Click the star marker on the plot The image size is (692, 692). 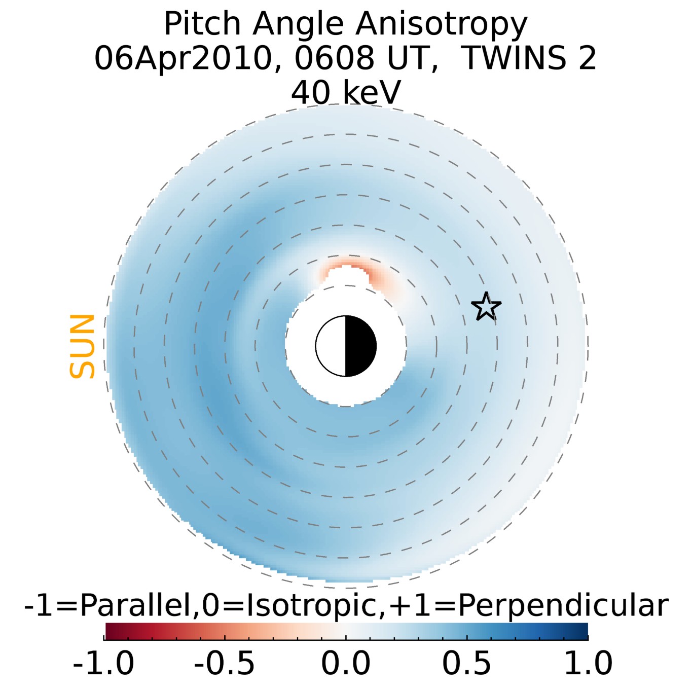(x=486, y=307)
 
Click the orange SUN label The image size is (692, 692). (x=82, y=346)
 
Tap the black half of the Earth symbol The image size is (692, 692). (x=360, y=346)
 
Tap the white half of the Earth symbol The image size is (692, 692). (x=331, y=346)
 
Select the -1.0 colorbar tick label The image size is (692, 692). (x=104, y=663)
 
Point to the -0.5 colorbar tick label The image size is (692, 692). (x=225, y=663)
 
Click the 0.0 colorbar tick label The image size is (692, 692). (x=346, y=663)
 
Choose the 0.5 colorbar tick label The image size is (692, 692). (x=466, y=663)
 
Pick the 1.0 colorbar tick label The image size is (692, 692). (x=588, y=663)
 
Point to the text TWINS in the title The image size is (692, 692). (x=514, y=58)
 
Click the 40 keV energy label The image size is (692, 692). (x=346, y=93)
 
